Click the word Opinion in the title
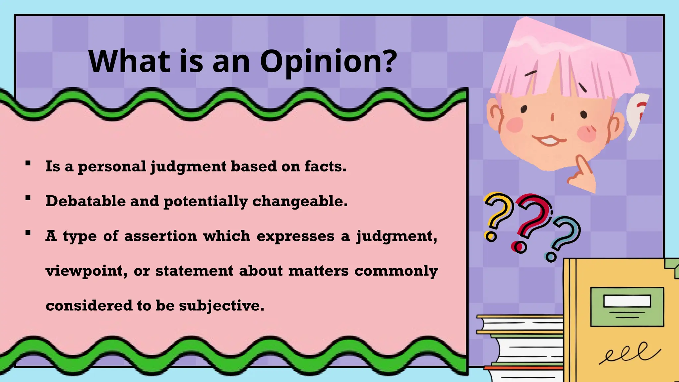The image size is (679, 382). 328,62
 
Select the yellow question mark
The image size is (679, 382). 497,216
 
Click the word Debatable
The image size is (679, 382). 86,201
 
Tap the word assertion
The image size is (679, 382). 160,236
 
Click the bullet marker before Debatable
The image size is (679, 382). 28,198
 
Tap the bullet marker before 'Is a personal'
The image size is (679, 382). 28,163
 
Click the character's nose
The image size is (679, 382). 552,117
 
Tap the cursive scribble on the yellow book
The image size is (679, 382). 628,353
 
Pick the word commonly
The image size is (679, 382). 396,271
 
